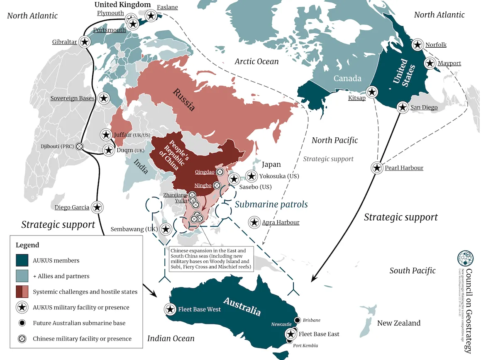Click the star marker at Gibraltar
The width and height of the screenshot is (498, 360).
(x=85, y=42)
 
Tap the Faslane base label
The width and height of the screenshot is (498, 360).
(x=168, y=7)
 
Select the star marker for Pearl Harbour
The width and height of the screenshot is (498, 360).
(x=377, y=168)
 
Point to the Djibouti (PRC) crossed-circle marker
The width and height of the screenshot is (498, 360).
(x=79, y=146)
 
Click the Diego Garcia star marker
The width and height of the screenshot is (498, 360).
(x=97, y=207)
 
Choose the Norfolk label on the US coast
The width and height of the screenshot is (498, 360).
(x=436, y=45)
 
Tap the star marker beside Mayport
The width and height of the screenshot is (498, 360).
(x=430, y=63)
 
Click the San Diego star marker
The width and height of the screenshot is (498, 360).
(x=402, y=107)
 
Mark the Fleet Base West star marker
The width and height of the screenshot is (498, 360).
(x=170, y=309)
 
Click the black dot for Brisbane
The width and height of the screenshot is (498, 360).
(x=297, y=320)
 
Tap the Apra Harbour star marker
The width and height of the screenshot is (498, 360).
(x=254, y=222)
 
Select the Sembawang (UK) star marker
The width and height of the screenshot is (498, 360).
(x=165, y=229)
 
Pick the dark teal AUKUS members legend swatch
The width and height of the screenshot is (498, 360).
(x=22, y=260)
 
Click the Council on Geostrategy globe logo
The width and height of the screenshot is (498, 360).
(x=465, y=258)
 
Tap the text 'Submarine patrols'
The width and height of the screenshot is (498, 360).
(x=271, y=204)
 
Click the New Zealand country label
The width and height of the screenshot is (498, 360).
(x=398, y=323)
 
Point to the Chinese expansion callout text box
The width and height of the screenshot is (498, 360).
(x=211, y=260)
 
